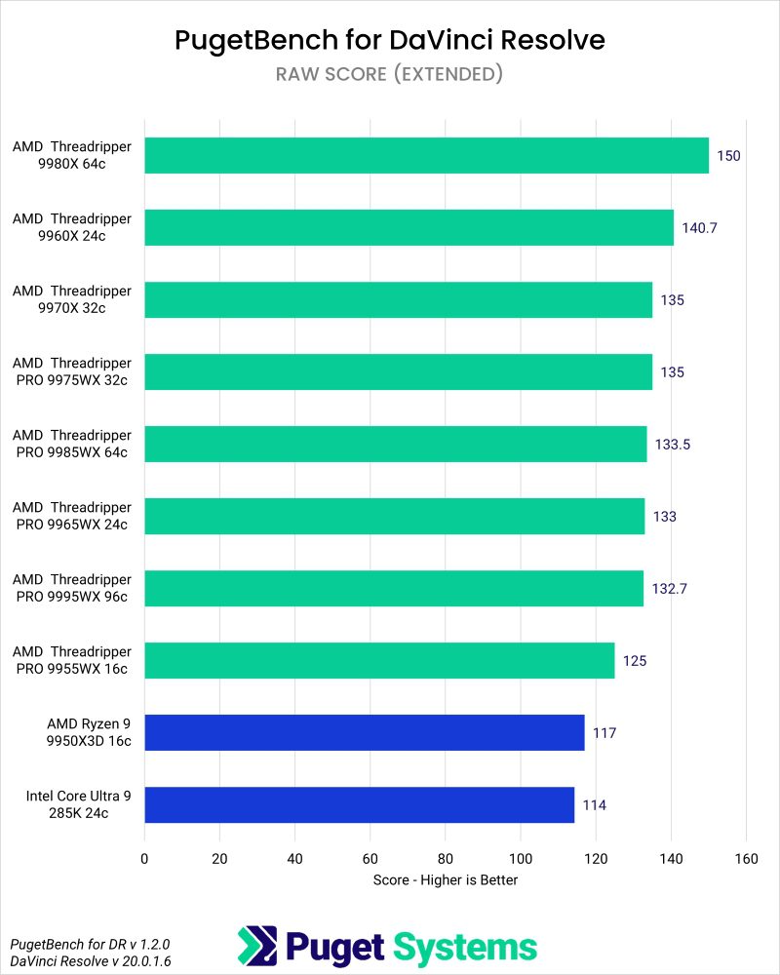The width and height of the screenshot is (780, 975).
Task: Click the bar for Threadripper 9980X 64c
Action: coord(426,155)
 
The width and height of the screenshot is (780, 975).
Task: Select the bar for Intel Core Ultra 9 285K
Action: coord(359,804)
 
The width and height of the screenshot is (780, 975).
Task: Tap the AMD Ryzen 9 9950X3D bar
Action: coord(364,732)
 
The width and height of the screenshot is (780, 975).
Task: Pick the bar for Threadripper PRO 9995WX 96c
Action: coord(394,588)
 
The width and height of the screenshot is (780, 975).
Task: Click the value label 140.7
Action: coord(699,228)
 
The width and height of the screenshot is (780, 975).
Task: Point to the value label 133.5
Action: coord(673,445)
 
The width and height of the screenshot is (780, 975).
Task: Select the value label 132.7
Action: coord(669,589)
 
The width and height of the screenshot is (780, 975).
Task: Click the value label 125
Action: coord(635,661)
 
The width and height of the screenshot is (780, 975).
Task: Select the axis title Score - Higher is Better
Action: coord(445,879)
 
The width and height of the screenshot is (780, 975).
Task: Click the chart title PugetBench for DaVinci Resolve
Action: coord(390,40)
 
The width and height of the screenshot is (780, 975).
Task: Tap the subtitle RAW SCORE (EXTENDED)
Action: coord(390,74)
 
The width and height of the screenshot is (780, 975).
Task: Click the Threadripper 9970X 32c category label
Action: coord(72,299)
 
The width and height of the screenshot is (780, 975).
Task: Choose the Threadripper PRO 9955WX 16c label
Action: coord(72,660)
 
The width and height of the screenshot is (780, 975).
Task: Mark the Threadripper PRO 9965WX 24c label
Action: coord(72,516)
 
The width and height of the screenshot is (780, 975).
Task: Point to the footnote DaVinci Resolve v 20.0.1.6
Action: coord(76,961)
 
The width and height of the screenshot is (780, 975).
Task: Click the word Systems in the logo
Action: coord(465,947)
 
